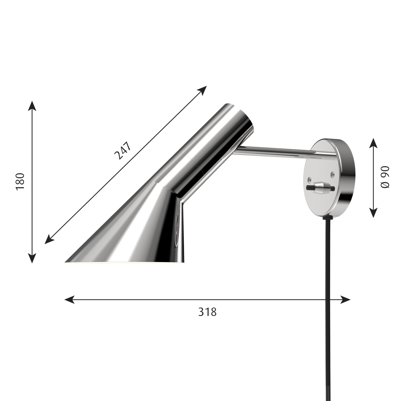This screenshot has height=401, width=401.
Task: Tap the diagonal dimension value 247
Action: click(123, 150)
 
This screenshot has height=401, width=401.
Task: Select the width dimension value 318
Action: click(207, 312)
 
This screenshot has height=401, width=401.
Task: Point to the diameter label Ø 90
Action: click(385, 177)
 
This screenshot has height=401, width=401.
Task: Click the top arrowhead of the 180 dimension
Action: click(32, 106)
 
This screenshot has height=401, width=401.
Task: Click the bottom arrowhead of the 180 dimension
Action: click(32, 258)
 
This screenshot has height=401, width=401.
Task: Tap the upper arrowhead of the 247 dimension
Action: click(202, 90)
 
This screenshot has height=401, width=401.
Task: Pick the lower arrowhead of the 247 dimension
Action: click(49, 239)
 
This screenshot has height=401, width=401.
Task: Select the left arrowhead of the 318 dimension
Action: click(70, 300)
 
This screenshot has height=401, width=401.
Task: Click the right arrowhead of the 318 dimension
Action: click(345, 300)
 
